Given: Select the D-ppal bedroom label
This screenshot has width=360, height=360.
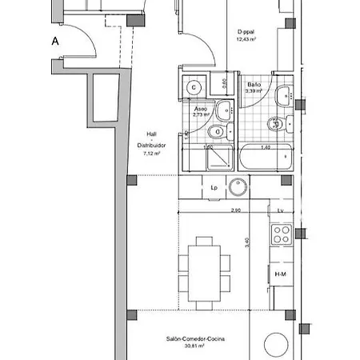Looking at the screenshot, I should pyautogui.click(x=247, y=33).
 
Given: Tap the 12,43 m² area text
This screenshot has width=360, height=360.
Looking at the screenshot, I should pyautogui.click(x=247, y=41).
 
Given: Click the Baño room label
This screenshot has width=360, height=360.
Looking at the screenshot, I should pyautogui.click(x=254, y=85).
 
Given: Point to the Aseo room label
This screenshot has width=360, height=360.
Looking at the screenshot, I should pyautogui.click(x=201, y=108).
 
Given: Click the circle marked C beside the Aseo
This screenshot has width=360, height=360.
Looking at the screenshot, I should pyautogui.click(x=194, y=88).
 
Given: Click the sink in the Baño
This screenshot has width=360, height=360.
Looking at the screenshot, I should pyautogui.click(x=282, y=98).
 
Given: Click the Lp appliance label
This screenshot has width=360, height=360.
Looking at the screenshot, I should pyautogui.click(x=214, y=188).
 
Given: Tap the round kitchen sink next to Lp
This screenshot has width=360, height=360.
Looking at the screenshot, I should pyautogui.click(x=238, y=188).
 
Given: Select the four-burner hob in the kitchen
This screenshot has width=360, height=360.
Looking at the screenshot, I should pyautogui.click(x=282, y=234).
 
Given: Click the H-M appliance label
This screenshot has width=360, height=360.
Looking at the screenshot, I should pyautogui.click(x=281, y=274).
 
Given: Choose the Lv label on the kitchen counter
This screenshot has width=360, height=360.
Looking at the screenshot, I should pyautogui.click(x=281, y=210).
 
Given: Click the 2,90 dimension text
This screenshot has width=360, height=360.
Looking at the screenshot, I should pyautogui.click(x=235, y=210).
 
